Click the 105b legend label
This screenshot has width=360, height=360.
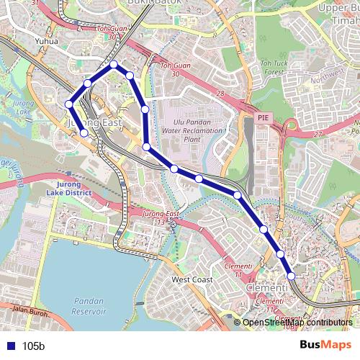[x=33, y=346]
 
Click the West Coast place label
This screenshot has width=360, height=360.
[x=192, y=279]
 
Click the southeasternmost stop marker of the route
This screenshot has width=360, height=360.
[x=292, y=276]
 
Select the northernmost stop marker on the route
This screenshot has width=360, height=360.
[x=114, y=66]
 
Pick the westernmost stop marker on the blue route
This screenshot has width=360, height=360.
[x=69, y=104]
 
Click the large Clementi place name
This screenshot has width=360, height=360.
[x=267, y=287]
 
